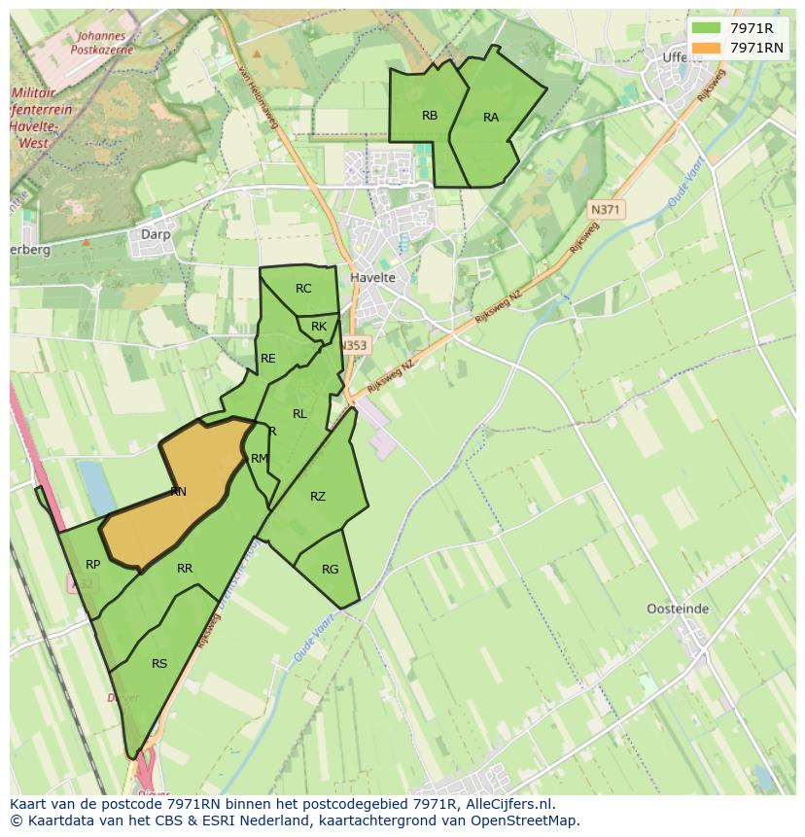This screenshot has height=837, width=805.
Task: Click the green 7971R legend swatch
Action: point(706,27)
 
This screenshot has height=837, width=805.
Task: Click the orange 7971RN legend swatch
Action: point(706,47)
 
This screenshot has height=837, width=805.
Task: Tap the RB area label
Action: point(430,116)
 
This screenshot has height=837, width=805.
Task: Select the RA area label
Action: point(491,118)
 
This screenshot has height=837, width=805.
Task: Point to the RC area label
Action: point(303,289)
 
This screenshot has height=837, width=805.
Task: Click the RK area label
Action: point(319,327)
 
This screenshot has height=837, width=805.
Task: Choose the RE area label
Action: point(268,359)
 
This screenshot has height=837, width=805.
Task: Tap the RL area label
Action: point(299,414)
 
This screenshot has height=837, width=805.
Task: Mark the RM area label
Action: point(259,459)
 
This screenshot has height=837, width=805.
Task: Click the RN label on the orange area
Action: point(178,492)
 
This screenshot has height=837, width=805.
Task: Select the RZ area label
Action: point(318,497)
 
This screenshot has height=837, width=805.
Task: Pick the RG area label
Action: point(331,570)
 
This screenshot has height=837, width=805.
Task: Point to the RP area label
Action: point(93,565)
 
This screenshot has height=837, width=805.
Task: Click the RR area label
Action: point(185,569)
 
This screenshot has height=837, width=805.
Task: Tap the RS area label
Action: point(159,664)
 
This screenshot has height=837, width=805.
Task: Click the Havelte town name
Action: point(372,278)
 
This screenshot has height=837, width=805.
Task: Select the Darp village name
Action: point(156,234)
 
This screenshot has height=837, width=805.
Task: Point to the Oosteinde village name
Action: point(678,610)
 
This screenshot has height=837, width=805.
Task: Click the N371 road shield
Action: point(607,209)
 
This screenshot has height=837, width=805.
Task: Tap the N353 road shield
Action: point(355,345)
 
